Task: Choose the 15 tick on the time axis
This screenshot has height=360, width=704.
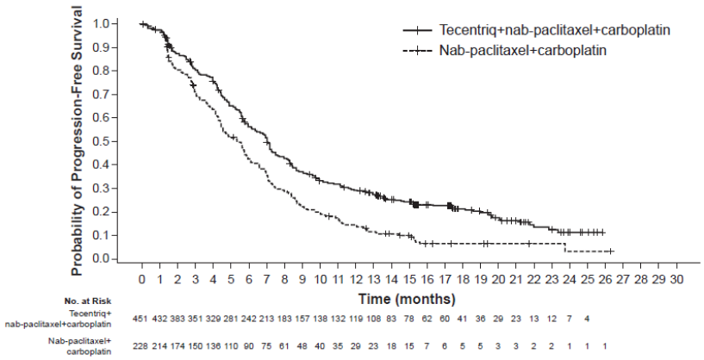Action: click(x=410, y=279)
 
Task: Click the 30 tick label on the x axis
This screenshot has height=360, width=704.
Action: click(x=677, y=279)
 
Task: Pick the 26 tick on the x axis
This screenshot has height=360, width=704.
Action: click(x=606, y=279)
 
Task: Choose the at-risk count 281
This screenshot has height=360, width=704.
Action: click(x=232, y=318)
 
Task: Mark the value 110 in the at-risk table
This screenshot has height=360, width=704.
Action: click(x=232, y=345)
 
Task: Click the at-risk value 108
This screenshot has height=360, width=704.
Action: click(x=374, y=318)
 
